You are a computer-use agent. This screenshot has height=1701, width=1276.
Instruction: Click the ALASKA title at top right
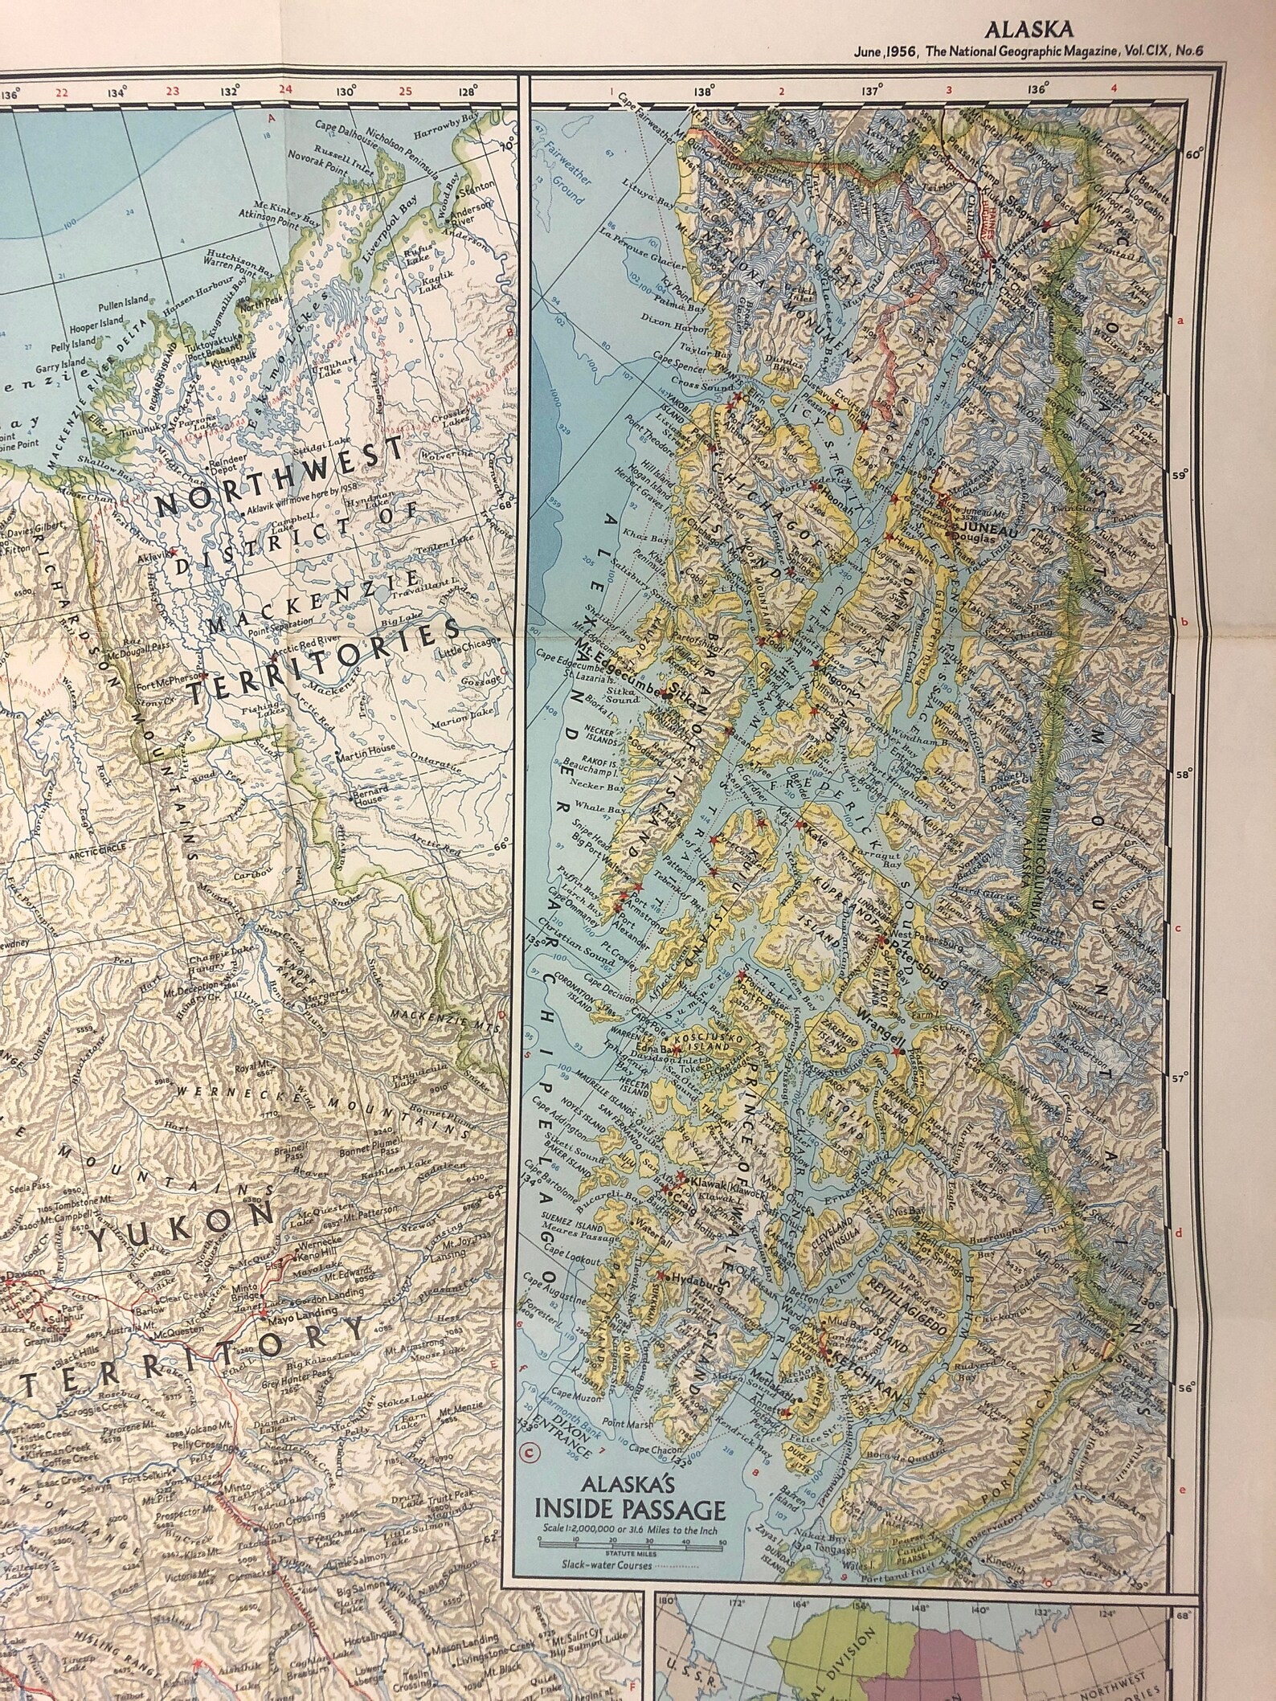(1037, 31)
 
